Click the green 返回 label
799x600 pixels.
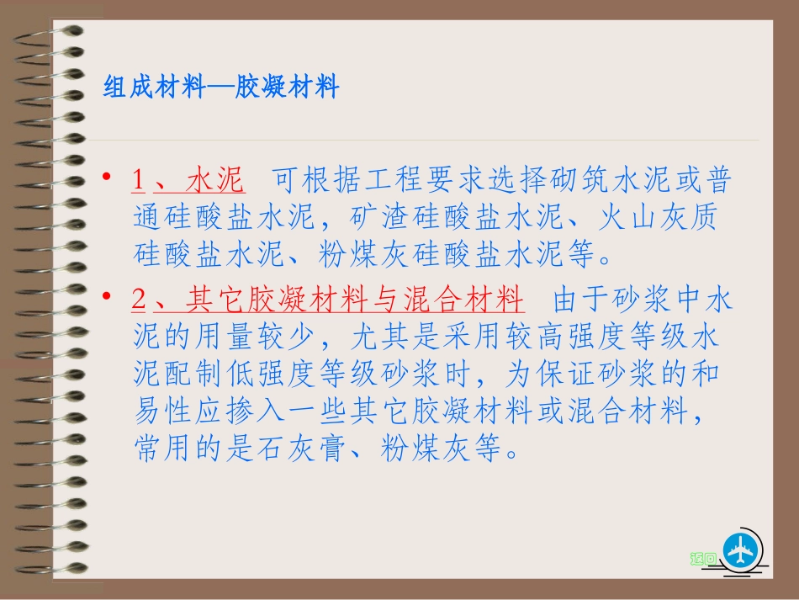(703, 558)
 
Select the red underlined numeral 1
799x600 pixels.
(139, 181)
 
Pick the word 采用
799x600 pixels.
(489, 337)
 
